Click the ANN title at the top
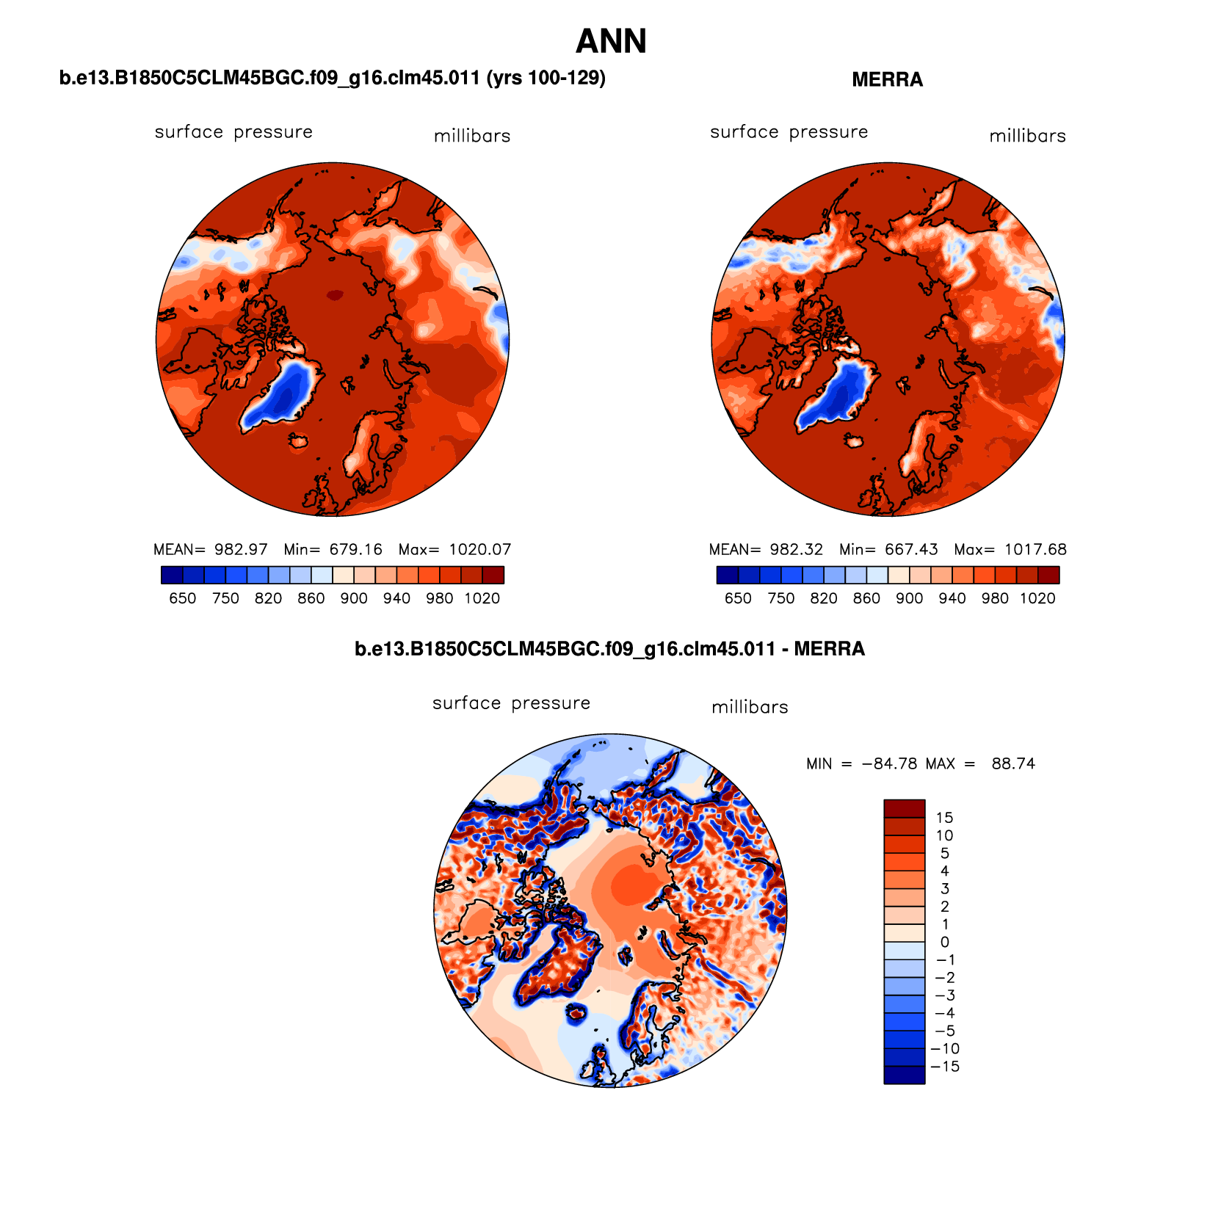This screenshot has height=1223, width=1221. pyautogui.click(x=611, y=42)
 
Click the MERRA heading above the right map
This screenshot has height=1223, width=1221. pyautogui.click(x=887, y=80)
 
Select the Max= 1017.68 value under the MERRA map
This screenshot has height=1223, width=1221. pyautogui.click(x=1010, y=550)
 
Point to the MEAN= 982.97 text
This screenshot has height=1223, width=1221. pyautogui.click(x=211, y=550)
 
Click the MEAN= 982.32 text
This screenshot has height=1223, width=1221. pyautogui.click(x=766, y=550)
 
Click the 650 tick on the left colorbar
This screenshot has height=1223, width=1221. pyautogui.click(x=182, y=598)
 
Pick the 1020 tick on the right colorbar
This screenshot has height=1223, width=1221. pyautogui.click(x=1037, y=598)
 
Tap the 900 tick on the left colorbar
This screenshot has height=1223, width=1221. pyautogui.click(x=354, y=598)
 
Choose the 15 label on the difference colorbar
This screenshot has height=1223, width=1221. pyautogui.click(x=944, y=818)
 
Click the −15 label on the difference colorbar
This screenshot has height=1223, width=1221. pyautogui.click(x=945, y=1067)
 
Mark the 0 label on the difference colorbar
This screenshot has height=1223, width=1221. pyautogui.click(x=944, y=942)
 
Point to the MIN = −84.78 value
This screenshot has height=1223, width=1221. pyautogui.click(x=861, y=763)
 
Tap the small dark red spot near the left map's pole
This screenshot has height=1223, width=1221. pyautogui.click(x=335, y=295)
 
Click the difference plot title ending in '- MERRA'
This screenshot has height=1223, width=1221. pyautogui.click(x=609, y=649)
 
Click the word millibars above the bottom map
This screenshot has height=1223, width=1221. pyautogui.click(x=750, y=708)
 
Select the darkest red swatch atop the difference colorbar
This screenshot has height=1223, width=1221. pyautogui.click(x=904, y=808)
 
